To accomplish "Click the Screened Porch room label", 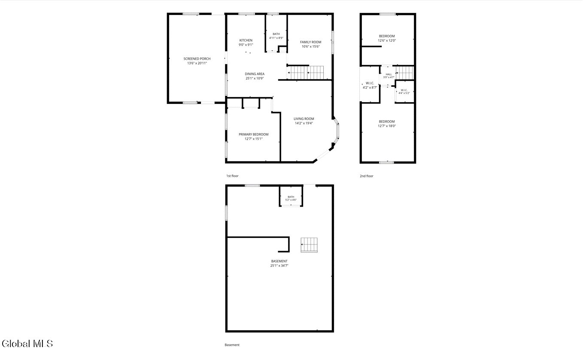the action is [197, 59].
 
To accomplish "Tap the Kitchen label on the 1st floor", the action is [246, 40].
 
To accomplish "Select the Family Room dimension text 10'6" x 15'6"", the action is [310, 47].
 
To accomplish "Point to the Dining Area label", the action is [255, 74].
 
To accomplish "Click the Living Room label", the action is [304, 119].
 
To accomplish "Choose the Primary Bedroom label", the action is [253, 134].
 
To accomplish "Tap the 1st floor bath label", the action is [276, 34].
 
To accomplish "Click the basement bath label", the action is [291, 197].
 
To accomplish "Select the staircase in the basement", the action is [309, 245].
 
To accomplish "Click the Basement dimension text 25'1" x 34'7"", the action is [279, 265].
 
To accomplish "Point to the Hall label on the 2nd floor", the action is [389, 74].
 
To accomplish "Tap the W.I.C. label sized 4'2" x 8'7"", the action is [370, 83].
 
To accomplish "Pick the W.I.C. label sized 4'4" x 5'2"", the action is [404, 90].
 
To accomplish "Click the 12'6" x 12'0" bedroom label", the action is [387, 36].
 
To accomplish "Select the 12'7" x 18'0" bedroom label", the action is [387, 122].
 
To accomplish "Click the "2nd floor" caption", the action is [367, 176].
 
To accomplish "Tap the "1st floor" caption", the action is [232, 176].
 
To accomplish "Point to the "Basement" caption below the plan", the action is [232, 345].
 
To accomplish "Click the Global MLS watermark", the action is [27, 344].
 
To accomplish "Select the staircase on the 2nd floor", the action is [404, 73].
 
